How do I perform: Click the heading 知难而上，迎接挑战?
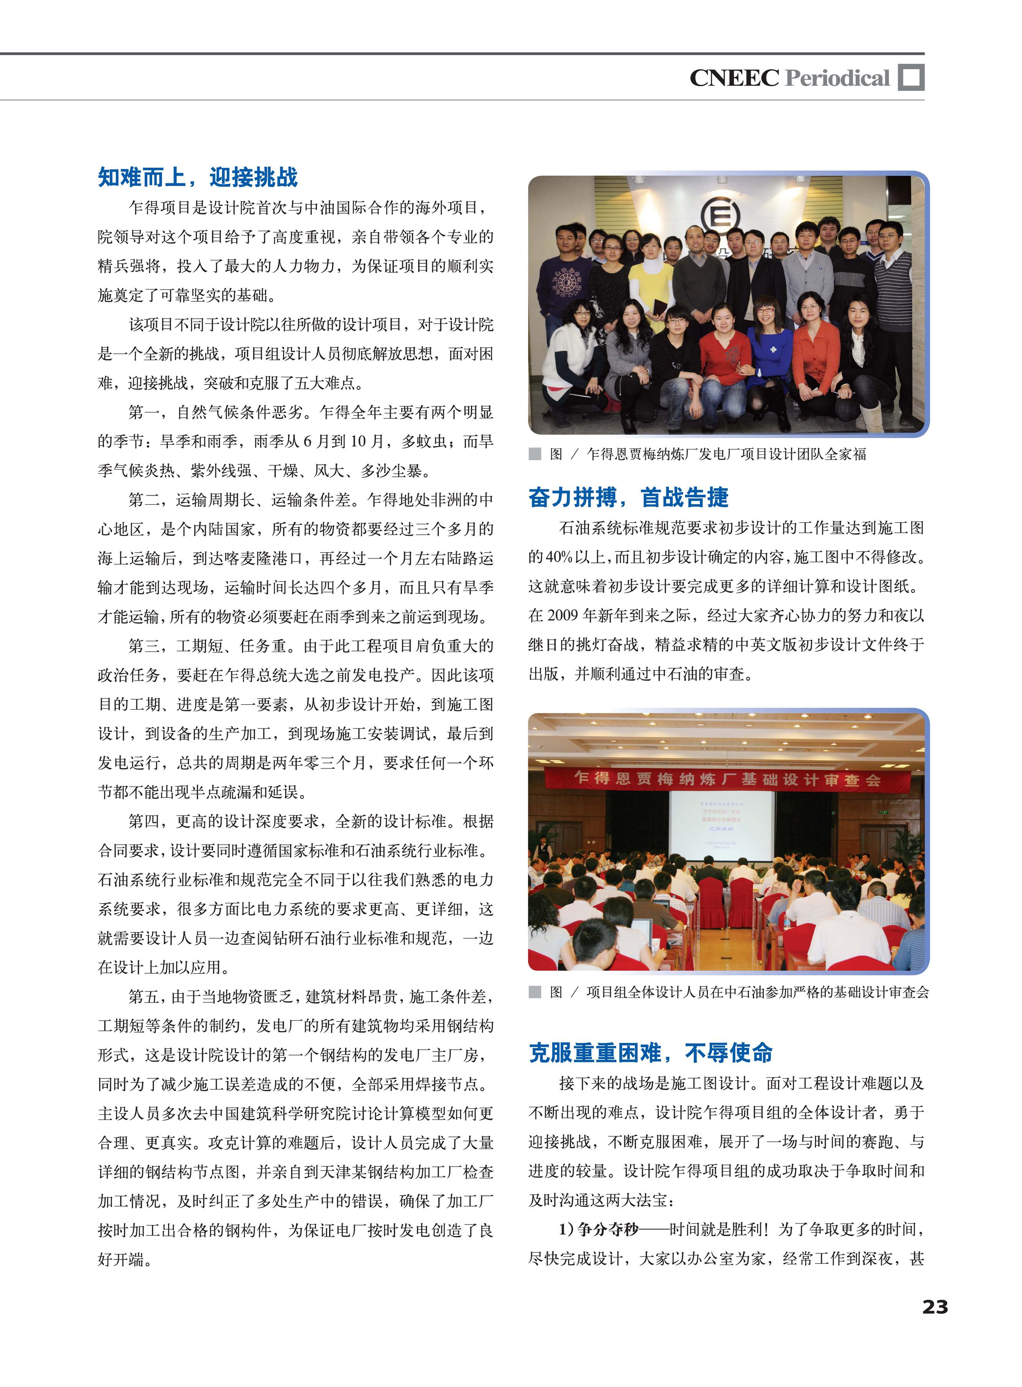pyautogui.click(x=197, y=178)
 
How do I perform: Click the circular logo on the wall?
pyautogui.click(x=720, y=215)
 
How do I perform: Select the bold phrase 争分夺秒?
pyautogui.click(x=607, y=1229)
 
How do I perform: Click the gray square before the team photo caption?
pyautogui.click(x=535, y=454)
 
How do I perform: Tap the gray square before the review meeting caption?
pyautogui.click(x=535, y=992)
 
